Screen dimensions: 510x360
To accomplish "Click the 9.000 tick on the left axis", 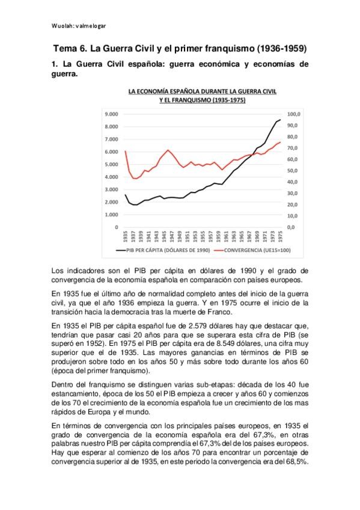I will (111, 114).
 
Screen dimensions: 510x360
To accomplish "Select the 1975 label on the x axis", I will (280, 235).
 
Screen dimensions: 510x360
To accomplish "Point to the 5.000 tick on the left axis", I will (111, 164).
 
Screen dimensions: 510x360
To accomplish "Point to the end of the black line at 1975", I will (280, 120).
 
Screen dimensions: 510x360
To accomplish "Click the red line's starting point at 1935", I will (125, 151).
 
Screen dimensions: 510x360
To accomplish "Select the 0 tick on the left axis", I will (116, 227).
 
